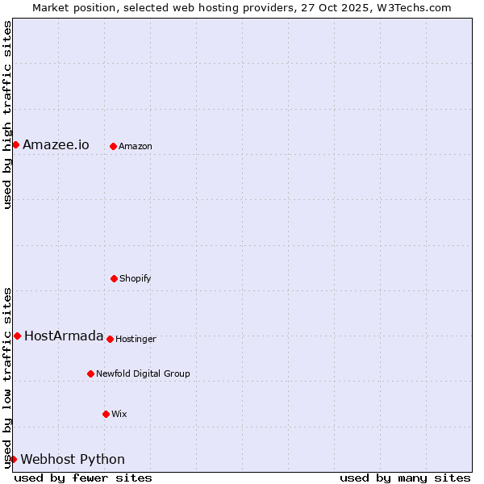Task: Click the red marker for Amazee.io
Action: [x=15, y=144]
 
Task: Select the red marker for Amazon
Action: [x=113, y=146]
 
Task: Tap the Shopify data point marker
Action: [x=114, y=278]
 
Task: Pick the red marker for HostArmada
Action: [x=17, y=336]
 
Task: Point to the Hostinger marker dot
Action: [x=110, y=339]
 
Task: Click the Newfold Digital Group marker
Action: [x=90, y=373]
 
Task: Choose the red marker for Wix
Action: [x=106, y=414]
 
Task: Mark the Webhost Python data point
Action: [x=13, y=459]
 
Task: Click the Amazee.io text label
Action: [x=56, y=145]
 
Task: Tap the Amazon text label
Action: [x=136, y=147]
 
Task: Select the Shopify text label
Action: [x=136, y=279]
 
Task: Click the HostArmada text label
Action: [x=64, y=336]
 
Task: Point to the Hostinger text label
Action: [x=136, y=340]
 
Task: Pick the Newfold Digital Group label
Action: [x=143, y=374]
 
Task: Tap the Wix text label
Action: [x=119, y=415]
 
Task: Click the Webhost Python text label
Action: [x=73, y=460]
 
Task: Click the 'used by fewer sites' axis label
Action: [x=83, y=478]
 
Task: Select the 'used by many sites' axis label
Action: [x=405, y=478]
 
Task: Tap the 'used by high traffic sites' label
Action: [x=7, y=115]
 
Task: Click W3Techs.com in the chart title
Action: [x=414, y=7]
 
